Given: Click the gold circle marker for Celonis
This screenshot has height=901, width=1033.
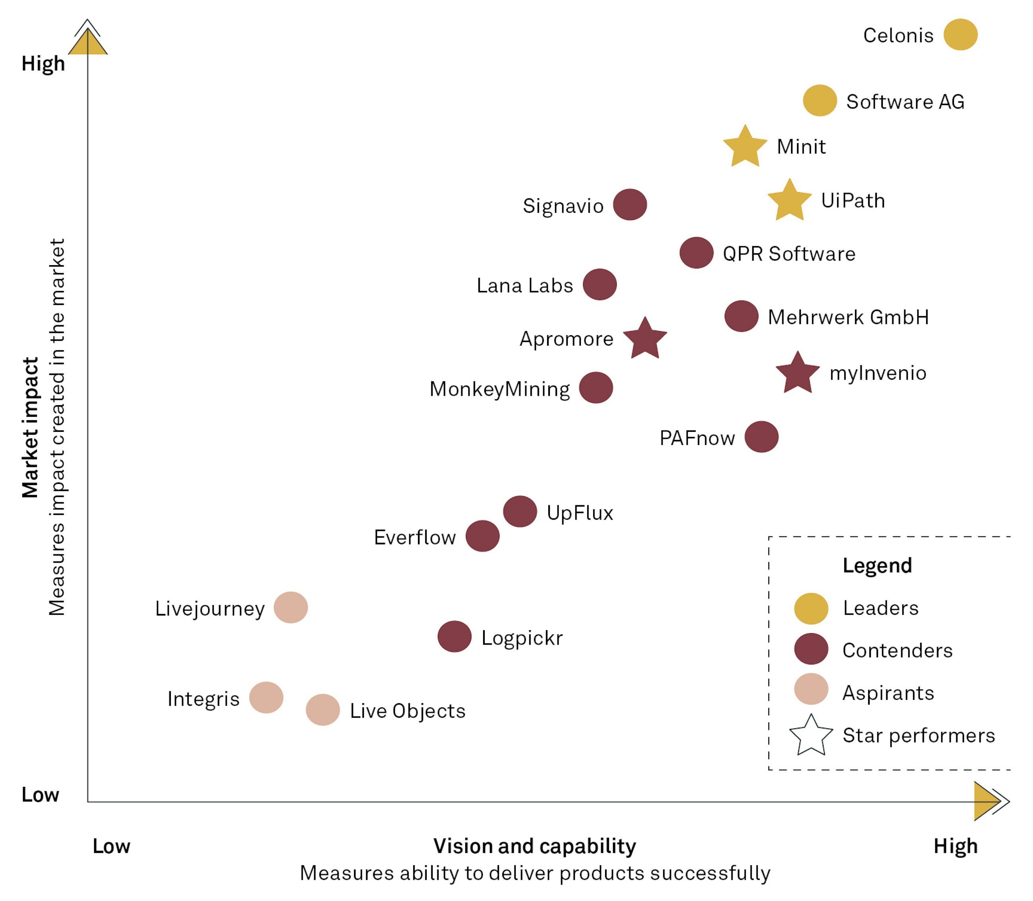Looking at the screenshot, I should [x=960, y=35].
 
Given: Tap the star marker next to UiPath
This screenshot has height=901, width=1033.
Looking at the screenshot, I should [x=789, y=201].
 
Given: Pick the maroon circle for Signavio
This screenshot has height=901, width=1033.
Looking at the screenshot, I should [x=630, y=205].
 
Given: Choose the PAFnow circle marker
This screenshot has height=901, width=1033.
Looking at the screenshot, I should [x=761, y=437].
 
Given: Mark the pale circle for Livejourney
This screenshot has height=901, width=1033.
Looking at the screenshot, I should [x=290, y=608].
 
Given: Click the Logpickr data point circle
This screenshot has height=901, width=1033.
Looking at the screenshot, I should [x=454, y=637].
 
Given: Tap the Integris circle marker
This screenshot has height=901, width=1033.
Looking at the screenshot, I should [x=266, y=697].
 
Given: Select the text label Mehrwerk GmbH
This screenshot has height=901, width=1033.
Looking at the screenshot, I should [x=848, y=317].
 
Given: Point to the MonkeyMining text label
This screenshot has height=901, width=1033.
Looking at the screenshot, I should [x=499, y=389].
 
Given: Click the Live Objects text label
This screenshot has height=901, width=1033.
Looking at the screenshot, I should [x=408, y=711].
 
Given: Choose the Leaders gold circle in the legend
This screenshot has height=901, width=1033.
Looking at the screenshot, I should [x=811, y=608].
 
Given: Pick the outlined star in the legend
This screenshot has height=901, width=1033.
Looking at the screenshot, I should [x=811, y=736].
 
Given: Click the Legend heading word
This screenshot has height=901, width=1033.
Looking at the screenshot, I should [x=877, y=566].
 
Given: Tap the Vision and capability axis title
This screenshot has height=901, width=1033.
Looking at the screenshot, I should [x=535, y=846].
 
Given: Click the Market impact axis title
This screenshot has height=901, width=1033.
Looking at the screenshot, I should [x=30, y=427].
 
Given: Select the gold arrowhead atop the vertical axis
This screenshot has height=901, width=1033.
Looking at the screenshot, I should [x=87, y=43].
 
